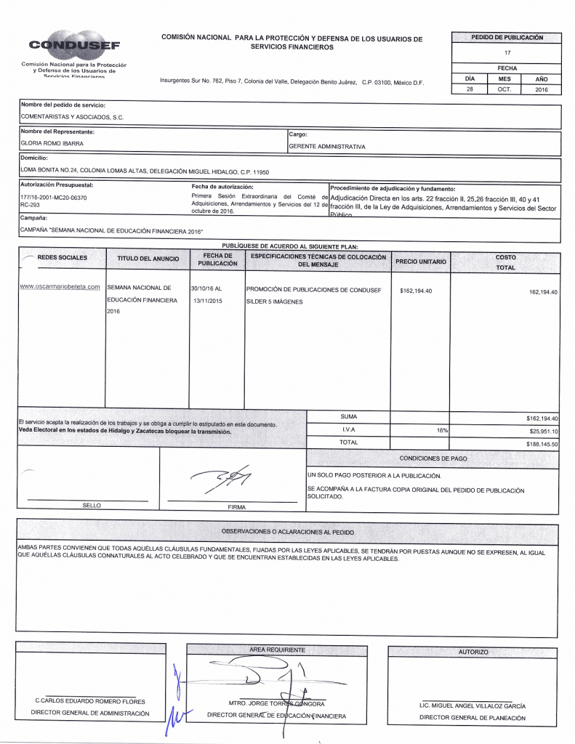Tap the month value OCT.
pyautogui.click(x=504, y=89)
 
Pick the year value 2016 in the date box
pyautogui.click(x=542, y=89)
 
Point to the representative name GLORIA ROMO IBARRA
pyautogui.click(x=52, y=144)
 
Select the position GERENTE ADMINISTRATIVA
pyautogui.click(x=327, y=146)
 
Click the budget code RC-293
pyautogui.click(x=30, y=206)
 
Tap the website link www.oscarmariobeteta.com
pyautogui.click(x=60, y=287)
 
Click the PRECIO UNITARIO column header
pyautogui.click(x=421, y=262)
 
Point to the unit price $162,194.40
pyautogui.click(x=416, y=291)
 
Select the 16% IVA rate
pyautogui.click(x=441, y=431)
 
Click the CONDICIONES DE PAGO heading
pyautogui.click(x=433, y=459)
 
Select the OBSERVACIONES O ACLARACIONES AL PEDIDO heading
pyautogui.click(x=287, y=532)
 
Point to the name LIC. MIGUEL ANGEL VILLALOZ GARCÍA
pyautogui.click(x=473, y=705)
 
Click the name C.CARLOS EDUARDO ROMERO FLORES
pyautogui.click(x=90, y=701)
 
